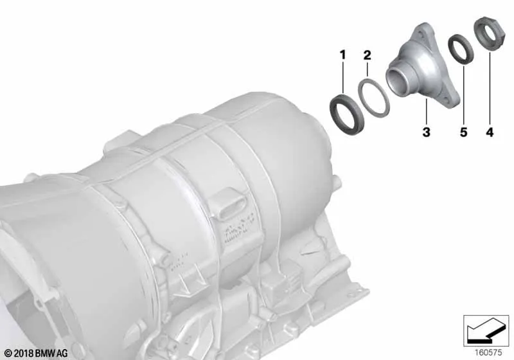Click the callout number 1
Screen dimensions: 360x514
point(342,55)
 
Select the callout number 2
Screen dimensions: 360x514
point(367,55)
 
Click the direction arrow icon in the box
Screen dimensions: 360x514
point(483,332)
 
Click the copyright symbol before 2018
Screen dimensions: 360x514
point(7,353)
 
